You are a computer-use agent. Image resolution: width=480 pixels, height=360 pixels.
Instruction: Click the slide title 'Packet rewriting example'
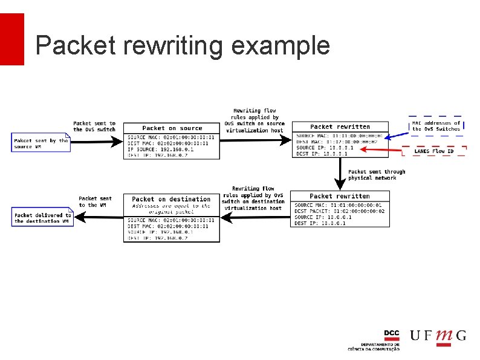tap(182, 46)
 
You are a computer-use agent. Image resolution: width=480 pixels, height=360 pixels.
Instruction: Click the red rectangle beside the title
tap(12, 39)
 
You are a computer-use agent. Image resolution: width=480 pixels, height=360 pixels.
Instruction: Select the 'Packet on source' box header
tap(172, 128)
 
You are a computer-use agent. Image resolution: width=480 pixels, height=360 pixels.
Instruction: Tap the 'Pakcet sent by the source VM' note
tap(41, 143)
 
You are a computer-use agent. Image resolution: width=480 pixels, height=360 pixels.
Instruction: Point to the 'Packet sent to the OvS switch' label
tap(94, 126)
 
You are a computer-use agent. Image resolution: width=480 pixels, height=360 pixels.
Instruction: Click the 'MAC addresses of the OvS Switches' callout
tap(436, 126)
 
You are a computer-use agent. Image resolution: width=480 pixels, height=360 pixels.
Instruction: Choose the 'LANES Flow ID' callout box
tap(433, 151)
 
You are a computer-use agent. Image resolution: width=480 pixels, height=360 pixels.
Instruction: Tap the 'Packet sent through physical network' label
tap(376, 175)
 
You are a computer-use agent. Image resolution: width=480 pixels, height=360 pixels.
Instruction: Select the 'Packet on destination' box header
tap(171, 199)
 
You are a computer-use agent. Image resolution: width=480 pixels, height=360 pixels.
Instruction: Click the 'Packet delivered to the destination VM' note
tap(42, 218)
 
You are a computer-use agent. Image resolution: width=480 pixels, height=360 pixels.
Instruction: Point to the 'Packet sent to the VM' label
tap(95, 201)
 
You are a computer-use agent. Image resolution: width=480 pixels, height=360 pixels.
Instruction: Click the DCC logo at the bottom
tap(391, 334)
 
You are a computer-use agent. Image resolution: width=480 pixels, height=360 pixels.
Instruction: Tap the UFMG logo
tap(438, 336)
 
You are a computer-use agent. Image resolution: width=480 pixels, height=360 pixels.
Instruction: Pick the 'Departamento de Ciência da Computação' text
tap(373, 347)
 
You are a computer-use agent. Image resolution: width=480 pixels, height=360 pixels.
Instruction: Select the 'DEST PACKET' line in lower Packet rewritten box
tap(338, 211)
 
